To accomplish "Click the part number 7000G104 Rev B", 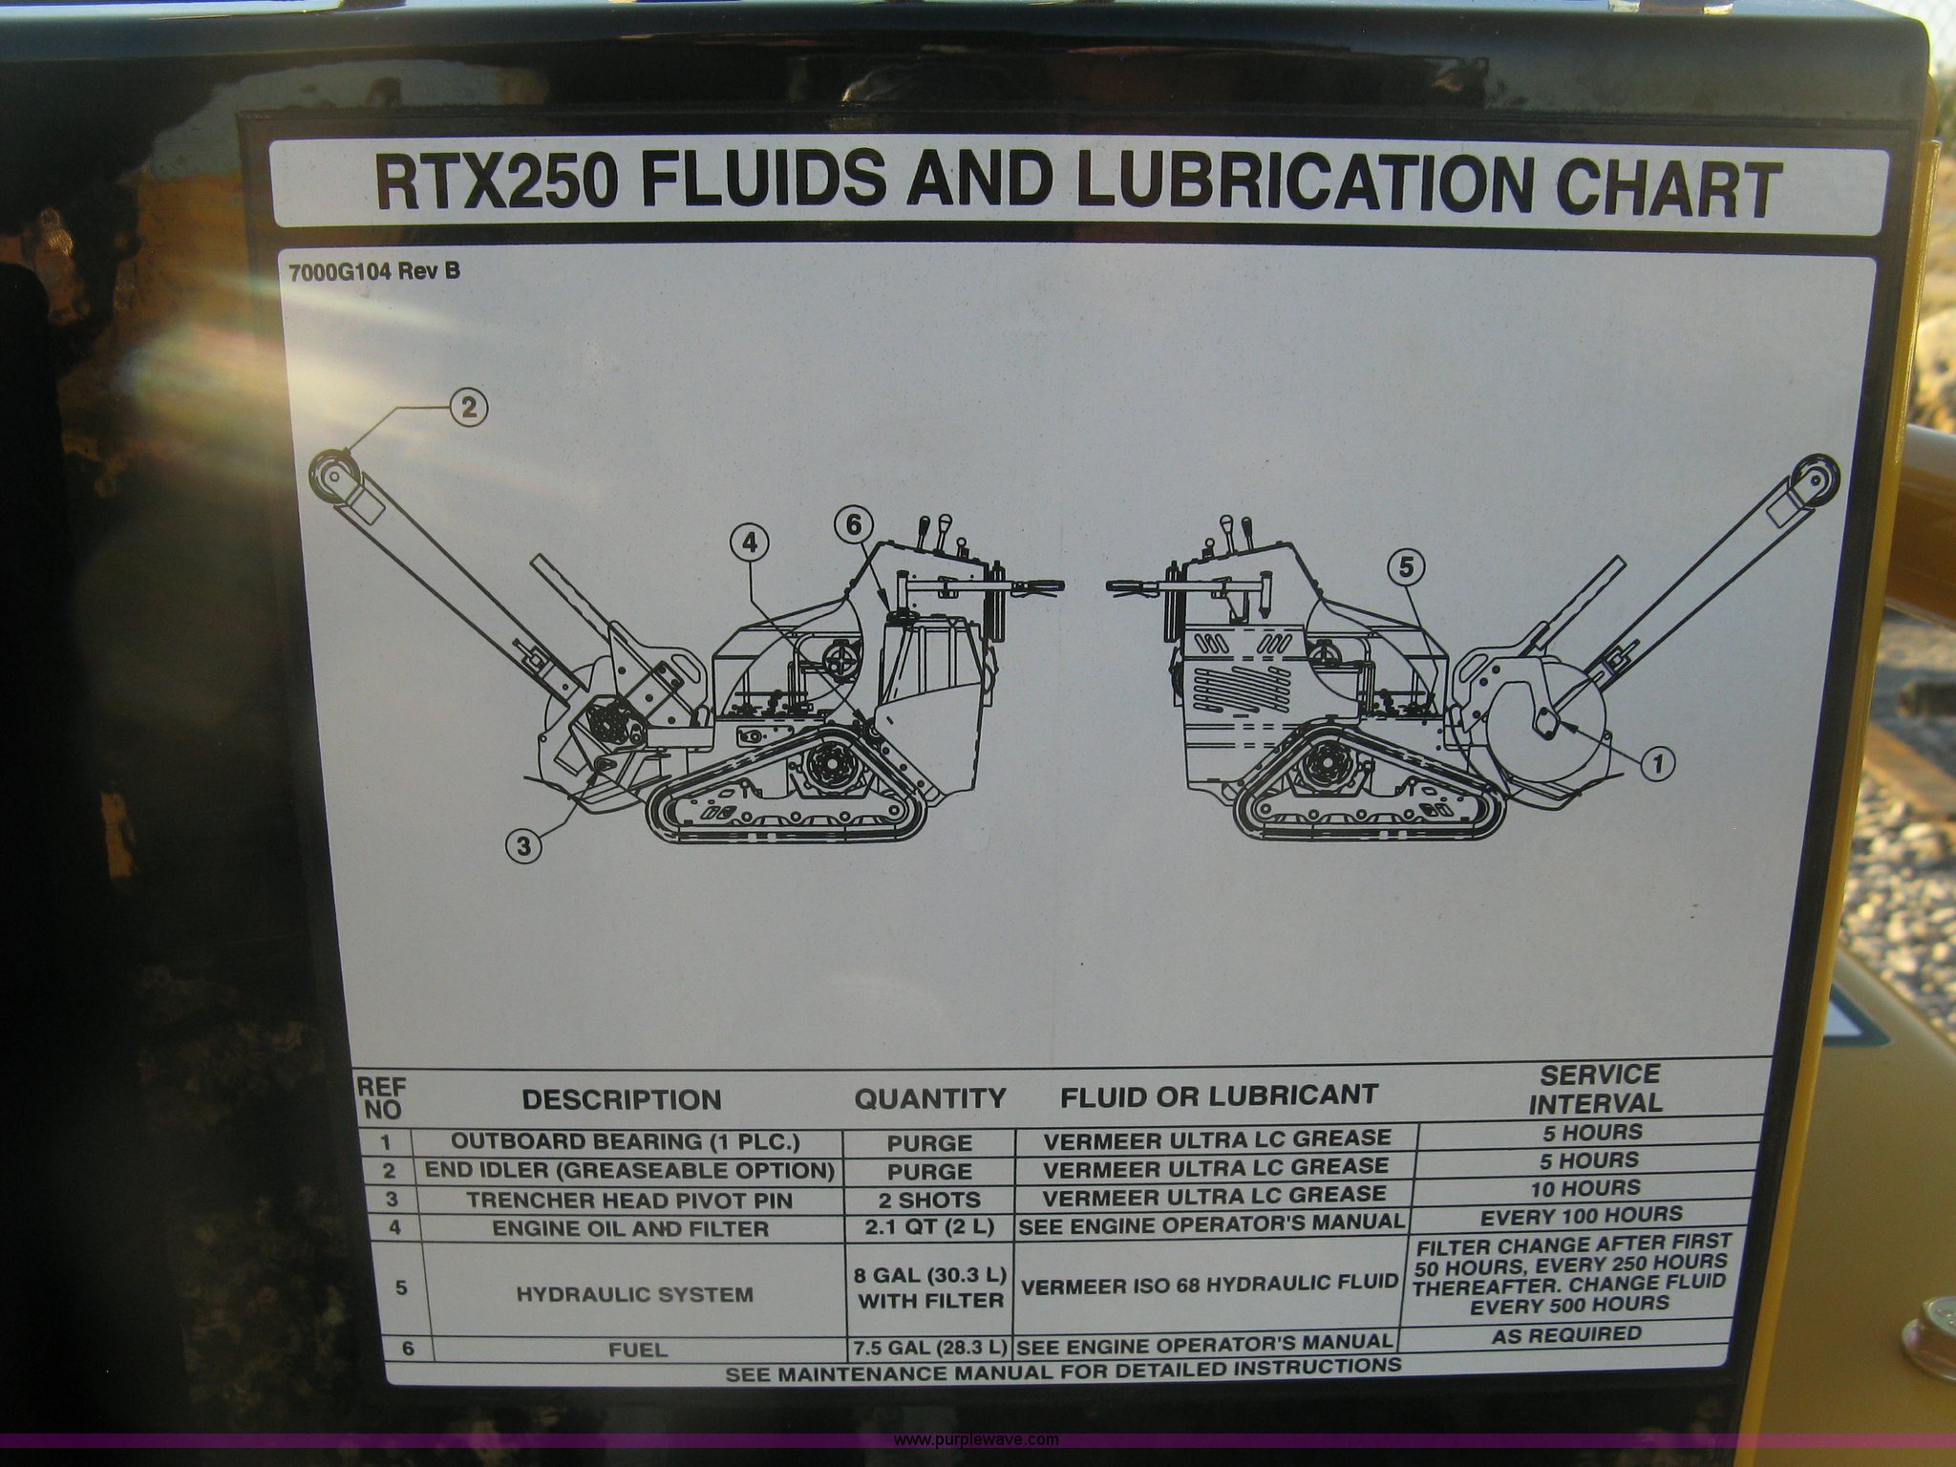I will tap(373, 271).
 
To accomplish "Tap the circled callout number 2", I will tap(468, 408).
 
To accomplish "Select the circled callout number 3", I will tap(523, 844).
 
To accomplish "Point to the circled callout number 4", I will tap(750, 543).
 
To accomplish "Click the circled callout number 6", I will tap(853, 523).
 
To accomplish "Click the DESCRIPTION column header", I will tap(622, 1099).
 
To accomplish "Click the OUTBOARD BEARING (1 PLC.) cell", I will tap(625, 1141).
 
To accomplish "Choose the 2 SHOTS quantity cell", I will tap(929, 1201).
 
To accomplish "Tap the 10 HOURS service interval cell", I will tap(1592, 1188).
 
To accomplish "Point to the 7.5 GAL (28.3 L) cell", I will tap(929, 1348).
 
